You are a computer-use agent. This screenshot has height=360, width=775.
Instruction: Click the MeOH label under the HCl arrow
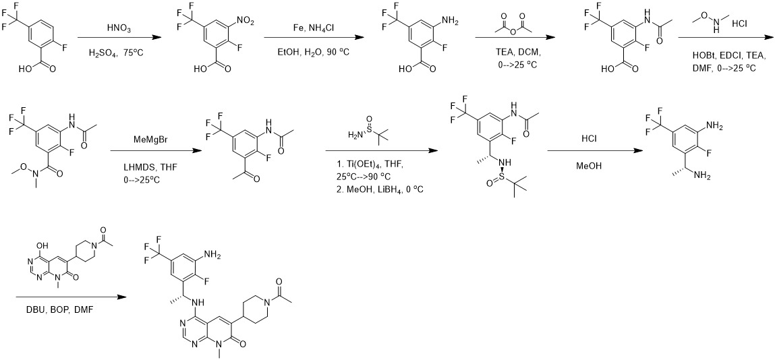point(591,167)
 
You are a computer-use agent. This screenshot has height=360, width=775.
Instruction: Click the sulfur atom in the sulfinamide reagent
point(368,129)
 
